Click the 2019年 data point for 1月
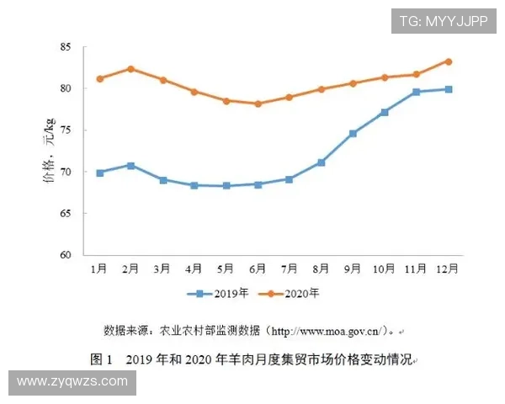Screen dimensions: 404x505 tap(100, 173)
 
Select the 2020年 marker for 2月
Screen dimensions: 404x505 tap(130, 69)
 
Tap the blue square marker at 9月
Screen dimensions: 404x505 tap(353, 133)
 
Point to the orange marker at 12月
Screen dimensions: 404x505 tap(449, 61)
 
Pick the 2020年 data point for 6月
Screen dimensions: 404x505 tap(258, 104)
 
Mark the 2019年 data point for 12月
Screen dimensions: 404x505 tap(449, 89)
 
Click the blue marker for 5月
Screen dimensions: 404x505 tap(226, 185)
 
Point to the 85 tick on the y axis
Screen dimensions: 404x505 tap(70, 47)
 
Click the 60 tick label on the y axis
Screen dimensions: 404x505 tap(70, 255)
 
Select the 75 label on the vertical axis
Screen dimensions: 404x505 tap(70, 130)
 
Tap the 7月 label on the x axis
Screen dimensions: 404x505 tap(290, 268)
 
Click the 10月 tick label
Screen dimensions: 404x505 tap(384, 268)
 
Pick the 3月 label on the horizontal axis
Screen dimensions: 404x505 tap(162, 268)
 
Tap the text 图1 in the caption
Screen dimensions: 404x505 tap(102, 359)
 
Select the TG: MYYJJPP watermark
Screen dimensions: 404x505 tap(443, 21)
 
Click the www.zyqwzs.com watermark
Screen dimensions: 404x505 tap(72, 381)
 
